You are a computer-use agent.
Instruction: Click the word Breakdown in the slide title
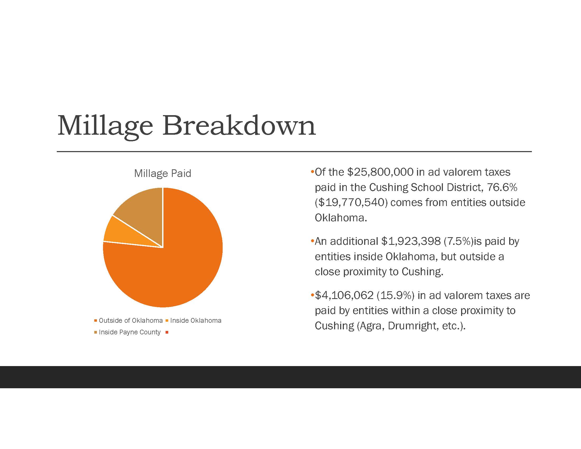coord(239,125)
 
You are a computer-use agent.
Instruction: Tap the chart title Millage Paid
coord(162,174)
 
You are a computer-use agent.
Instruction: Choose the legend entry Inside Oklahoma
coord(193,321)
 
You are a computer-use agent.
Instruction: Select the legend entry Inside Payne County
coord(128,332)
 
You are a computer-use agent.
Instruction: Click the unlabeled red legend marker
coord(167,332)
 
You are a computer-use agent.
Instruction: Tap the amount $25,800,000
coord(380,172)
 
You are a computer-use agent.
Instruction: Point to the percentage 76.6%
coord(502,188)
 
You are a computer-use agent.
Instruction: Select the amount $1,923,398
coord(411,241)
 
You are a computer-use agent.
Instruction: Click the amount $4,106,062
coord(344,296)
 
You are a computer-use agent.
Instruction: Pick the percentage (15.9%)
coord(396,296)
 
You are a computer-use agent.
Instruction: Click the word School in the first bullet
coord(427,188)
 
